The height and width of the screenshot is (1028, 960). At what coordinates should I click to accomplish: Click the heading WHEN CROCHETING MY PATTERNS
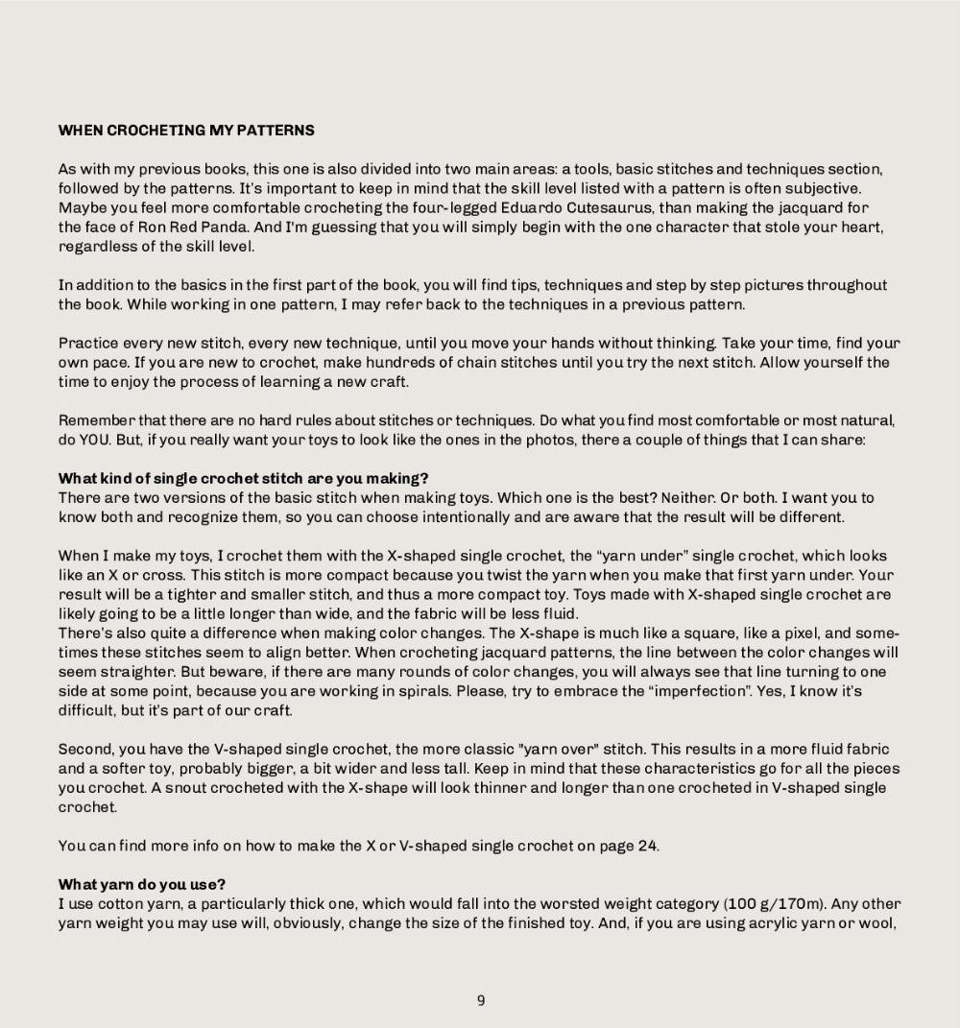[186, 131]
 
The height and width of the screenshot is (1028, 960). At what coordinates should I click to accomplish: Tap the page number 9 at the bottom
[481, 1001]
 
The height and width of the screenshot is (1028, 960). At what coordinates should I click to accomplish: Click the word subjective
[828, 188]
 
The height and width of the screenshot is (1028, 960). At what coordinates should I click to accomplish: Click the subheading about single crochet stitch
[243, 478]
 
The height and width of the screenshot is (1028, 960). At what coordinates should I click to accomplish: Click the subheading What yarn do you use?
[142, 884]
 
